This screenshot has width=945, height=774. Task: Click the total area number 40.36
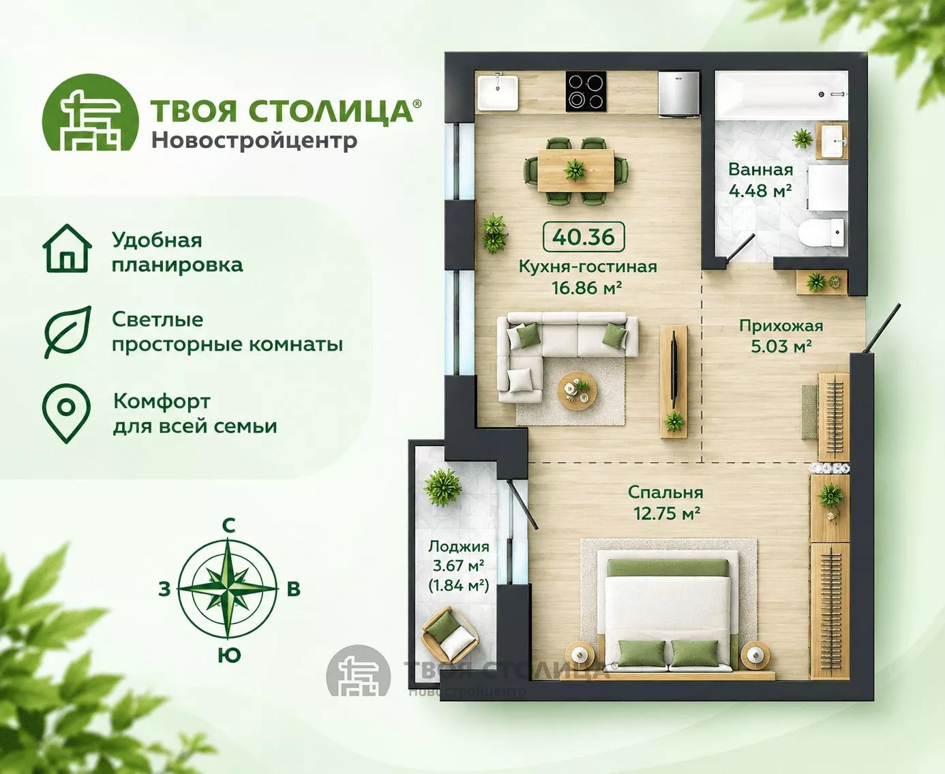pos(584,237)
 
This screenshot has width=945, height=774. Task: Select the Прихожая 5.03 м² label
pos(781,336)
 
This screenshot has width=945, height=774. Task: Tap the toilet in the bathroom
pos(822,233)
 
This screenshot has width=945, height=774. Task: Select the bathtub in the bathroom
pos(781,95)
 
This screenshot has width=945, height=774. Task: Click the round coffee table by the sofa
pos(577,391)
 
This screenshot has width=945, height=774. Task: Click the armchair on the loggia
pos(449,635)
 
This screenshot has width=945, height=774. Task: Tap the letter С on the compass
pos(228,526)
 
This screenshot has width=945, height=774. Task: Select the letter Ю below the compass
pos(229,655)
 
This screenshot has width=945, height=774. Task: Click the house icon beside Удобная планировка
pos(67,248)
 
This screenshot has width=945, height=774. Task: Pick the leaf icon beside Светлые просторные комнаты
pos(67,332)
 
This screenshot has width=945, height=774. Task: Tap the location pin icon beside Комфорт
pos(66,413)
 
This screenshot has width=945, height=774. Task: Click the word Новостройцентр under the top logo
pos(254,140)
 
